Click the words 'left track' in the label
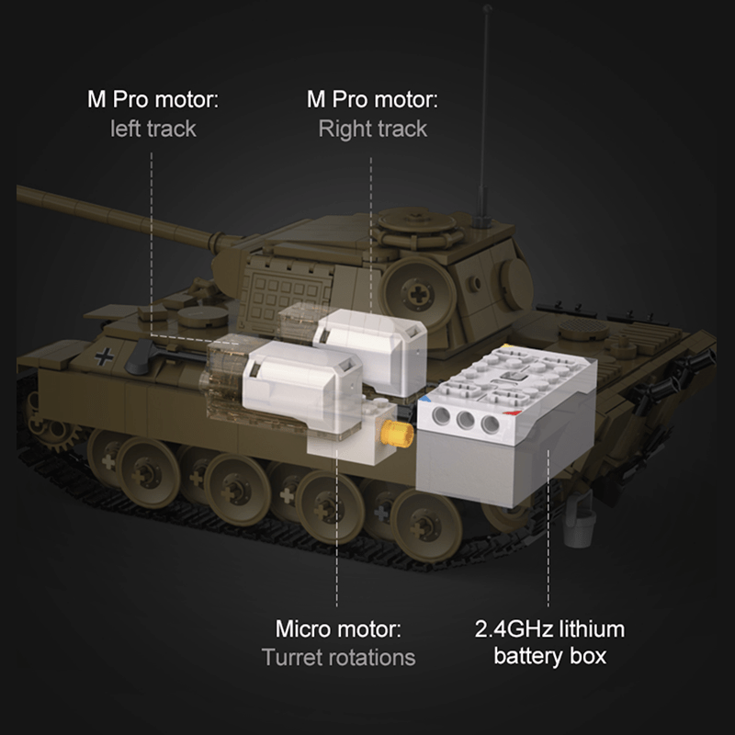[x=153, y=128]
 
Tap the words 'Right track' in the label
[x=372, y=128]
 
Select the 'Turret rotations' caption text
[x=338, y=658]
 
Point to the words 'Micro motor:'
[x=338, y=630]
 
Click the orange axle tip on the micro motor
[x=395, y=435]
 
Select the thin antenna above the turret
[x=482, y=110]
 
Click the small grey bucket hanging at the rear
[x=581, y=528]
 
